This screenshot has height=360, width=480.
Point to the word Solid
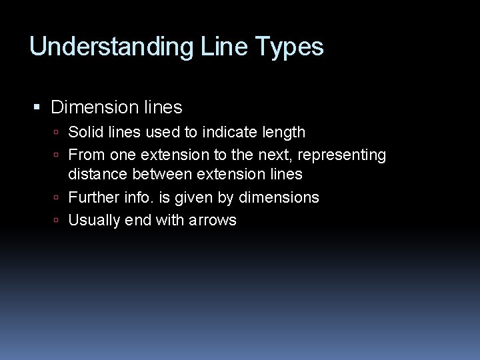pyautogui.click(x=85, y=133)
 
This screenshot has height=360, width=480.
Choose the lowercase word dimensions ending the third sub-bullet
pyautogui.click(x=279, y=198)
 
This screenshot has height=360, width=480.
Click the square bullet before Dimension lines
pyautogui.click(x=37, y=107)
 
